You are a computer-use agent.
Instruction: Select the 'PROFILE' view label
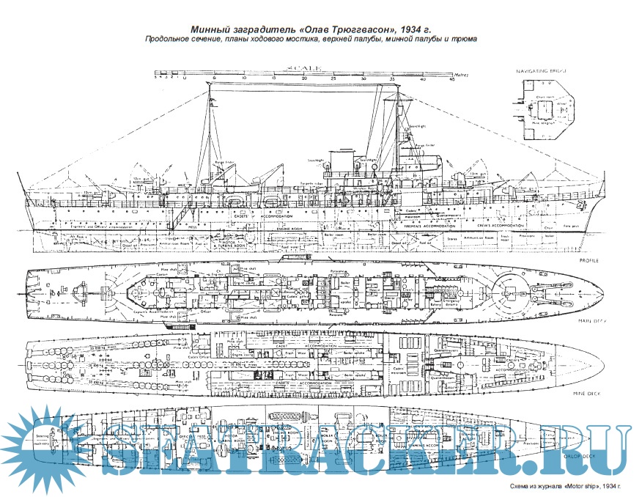click(588, 260)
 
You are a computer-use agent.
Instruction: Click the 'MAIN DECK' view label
click(586, 320)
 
